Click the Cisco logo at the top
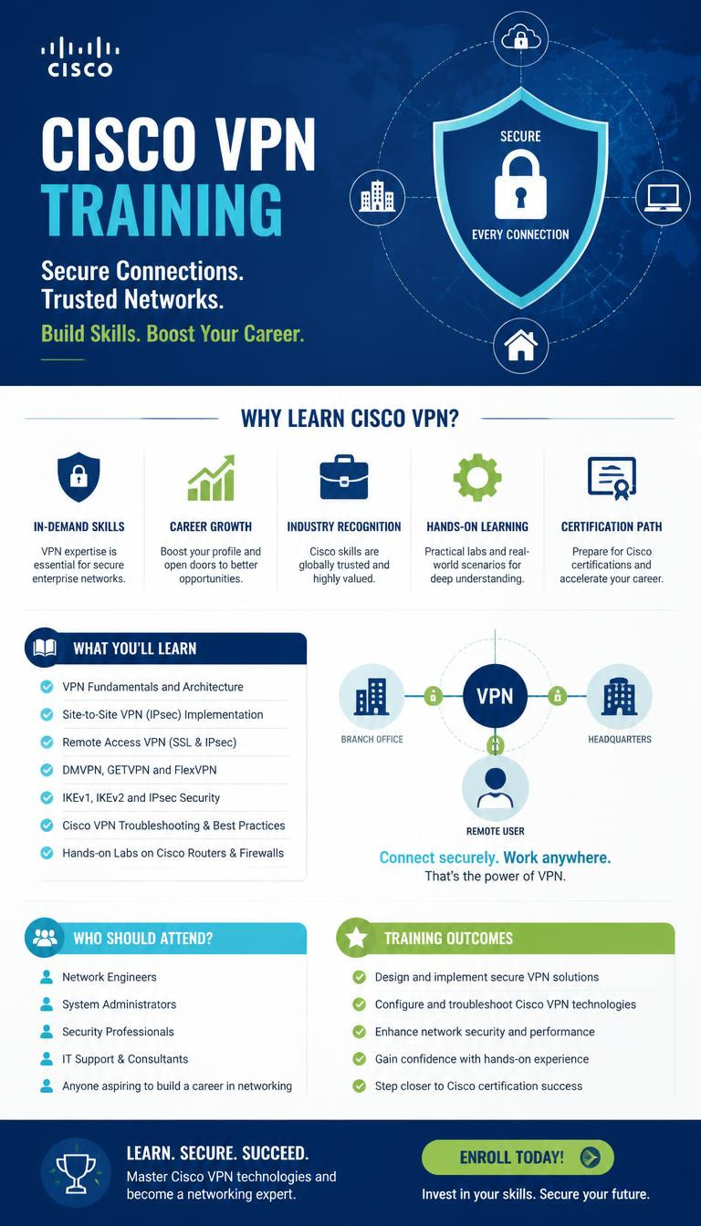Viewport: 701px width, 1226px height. click(80, 57)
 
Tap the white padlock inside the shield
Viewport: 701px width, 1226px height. click(520, 185)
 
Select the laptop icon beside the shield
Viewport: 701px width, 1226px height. click(663, 197)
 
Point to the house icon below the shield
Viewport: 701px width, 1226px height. click(520, 345)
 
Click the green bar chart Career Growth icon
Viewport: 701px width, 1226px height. click(211, 478)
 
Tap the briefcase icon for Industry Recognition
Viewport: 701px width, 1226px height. click(344, 477)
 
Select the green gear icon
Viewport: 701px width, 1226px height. click(477, 477)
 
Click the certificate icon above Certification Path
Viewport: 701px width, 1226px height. click(612, 478)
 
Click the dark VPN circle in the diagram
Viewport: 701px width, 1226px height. click(495, 696)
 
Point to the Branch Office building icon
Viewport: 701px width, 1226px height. click(371, 696)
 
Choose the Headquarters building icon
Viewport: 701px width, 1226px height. click(620, 696)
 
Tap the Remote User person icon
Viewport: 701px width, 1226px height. click(495, 788)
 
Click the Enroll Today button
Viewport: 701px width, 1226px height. click(518, 1157)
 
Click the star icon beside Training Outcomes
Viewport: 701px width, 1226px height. click(357, 938)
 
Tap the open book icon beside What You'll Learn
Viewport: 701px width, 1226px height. click(45, 648)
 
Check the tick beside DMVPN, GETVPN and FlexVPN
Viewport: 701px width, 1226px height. click(47, 770)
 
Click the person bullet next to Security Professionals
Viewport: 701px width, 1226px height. click(47, 1031)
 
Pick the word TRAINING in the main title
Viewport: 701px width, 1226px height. click(162, 210)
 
